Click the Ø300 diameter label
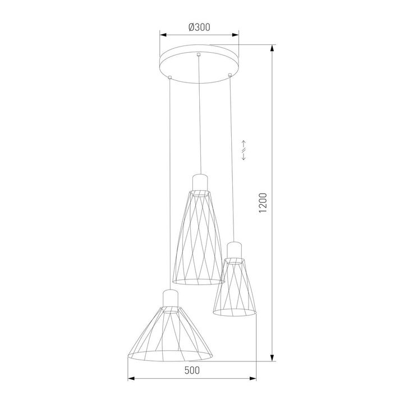point(200,26)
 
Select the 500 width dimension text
point(191,370)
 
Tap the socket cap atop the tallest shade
point(200,182)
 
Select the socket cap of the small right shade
point(235,249)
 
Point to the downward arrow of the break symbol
point(244,158)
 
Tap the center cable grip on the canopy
point(198,54)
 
